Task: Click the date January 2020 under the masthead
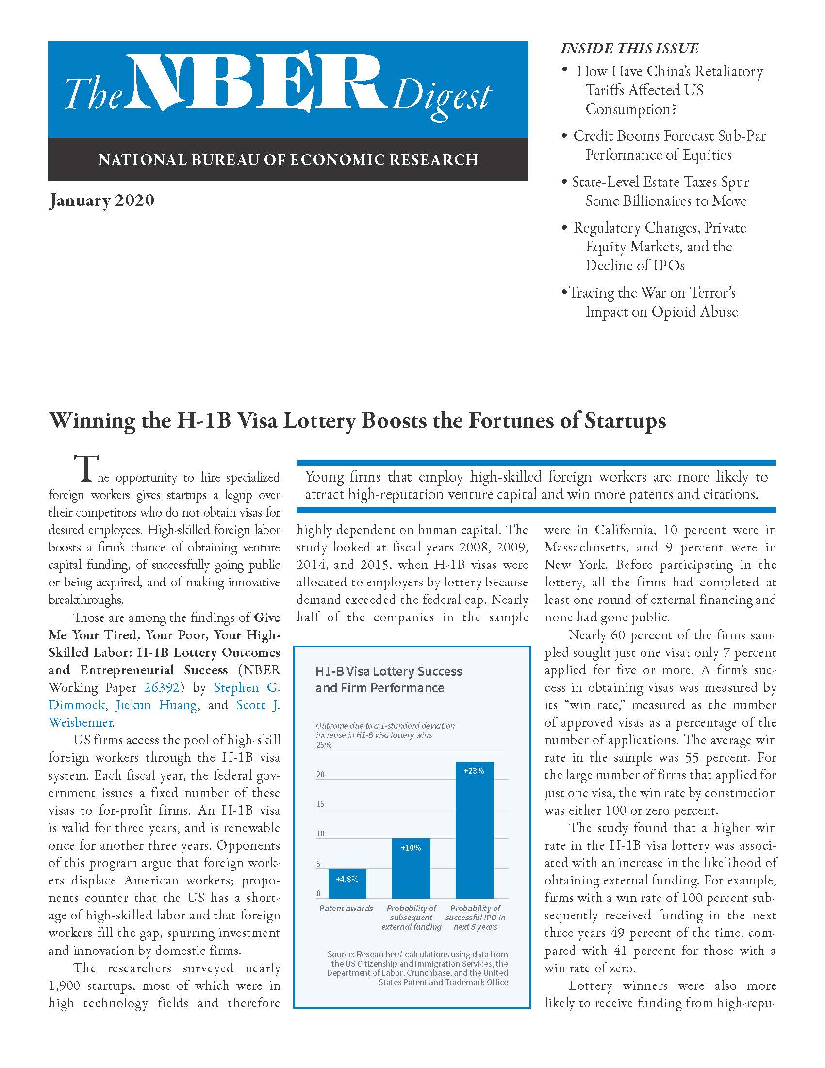(x=101, y=200)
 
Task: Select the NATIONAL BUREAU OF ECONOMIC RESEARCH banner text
(x=288, y=160)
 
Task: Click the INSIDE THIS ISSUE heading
(x=629, y=49)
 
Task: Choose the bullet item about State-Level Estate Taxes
(x=660, y=191)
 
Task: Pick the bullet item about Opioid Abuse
(x=652, y=302)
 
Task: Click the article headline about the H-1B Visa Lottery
(x=357, y=421)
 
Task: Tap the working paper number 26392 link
(x=162, y=687)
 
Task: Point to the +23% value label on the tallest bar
(x=474, y=771)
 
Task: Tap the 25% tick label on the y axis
(x=324, y=745)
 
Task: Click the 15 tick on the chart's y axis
(x=321, y=804)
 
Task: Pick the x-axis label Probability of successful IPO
(x=475, y=918)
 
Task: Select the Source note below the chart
(x=417, y=968)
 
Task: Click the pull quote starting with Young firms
(x=536, y=485)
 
